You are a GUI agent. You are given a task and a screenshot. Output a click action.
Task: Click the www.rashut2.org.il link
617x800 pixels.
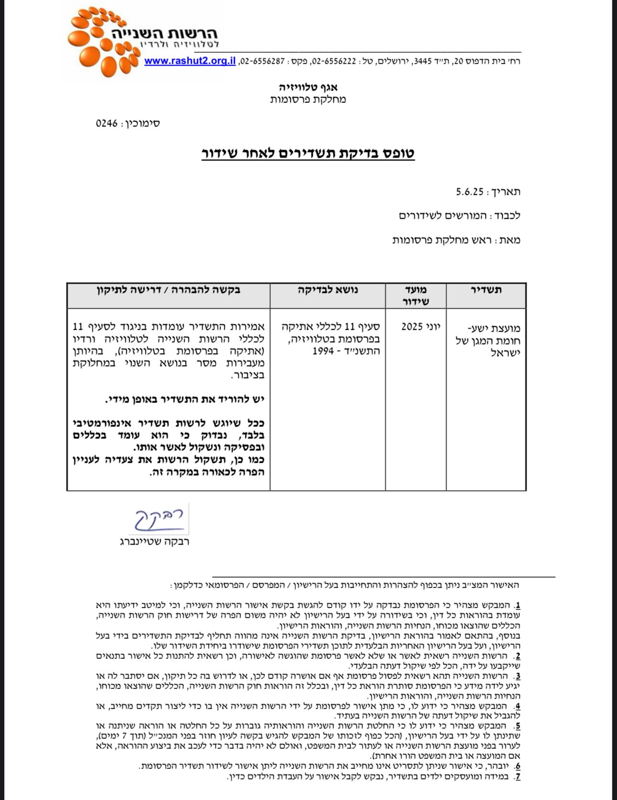tap(190, 61)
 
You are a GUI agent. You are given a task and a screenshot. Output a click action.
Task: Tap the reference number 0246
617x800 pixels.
tap(107, 123)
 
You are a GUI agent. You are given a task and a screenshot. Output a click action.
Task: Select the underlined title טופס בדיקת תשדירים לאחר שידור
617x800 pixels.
tap(308, 153)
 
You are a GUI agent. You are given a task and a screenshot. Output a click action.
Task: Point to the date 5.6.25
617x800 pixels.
tap(470, 192)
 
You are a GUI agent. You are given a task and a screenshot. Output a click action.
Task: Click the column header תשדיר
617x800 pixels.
tap(486, 290)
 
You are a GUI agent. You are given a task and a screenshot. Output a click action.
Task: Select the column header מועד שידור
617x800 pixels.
tap(416, 295)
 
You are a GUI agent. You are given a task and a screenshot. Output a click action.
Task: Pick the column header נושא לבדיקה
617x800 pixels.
tap(328, 290)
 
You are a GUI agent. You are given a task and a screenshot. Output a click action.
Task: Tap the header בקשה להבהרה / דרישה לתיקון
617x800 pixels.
tap(168, 290)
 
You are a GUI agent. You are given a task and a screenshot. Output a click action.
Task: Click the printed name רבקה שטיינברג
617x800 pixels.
tap(154, 542)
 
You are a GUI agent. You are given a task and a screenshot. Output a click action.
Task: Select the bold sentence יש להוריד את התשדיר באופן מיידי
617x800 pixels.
tap(184, 399)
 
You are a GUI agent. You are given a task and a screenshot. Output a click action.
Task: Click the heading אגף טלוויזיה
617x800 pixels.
tap(308, 87)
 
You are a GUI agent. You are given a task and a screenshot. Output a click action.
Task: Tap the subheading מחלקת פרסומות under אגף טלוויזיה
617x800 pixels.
tap(308, 100)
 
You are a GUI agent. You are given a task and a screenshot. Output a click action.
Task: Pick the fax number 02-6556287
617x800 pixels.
tap(262, 61)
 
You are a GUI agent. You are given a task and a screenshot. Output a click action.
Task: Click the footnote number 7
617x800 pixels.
tap(518, 776)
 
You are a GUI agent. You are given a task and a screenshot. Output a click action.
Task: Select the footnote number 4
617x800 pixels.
tap(518, 706)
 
